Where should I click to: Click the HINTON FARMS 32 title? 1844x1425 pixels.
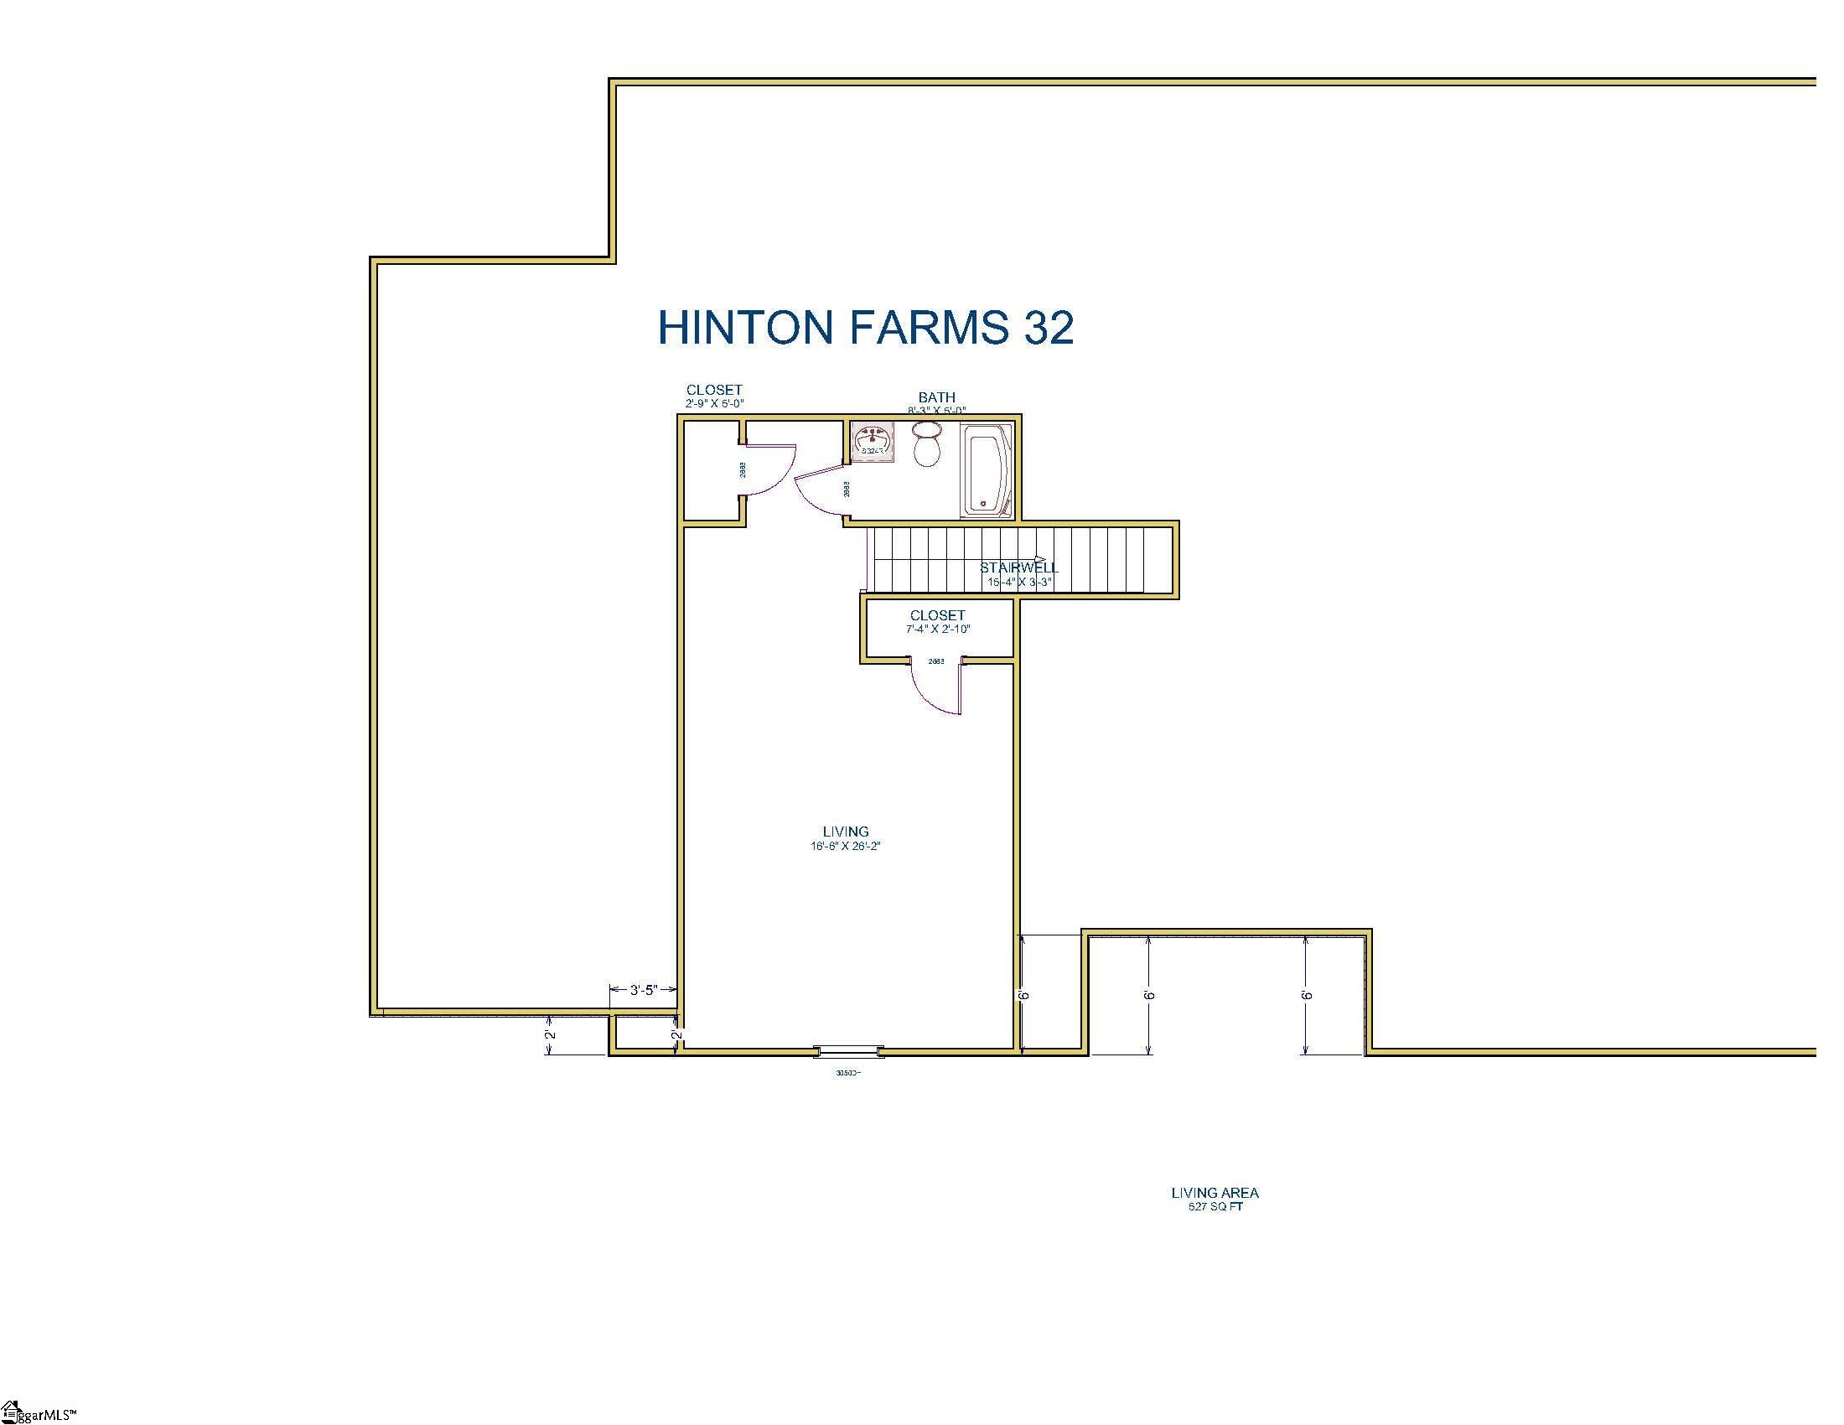866,328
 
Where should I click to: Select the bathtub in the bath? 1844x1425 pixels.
987,470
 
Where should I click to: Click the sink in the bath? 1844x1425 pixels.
873,442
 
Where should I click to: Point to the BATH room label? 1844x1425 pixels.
936,396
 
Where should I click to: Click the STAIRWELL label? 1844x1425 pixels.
1018,568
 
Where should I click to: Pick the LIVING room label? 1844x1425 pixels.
845,832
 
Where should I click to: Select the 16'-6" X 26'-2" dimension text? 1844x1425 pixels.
845,846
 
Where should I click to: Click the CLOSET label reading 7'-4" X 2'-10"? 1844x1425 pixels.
937,615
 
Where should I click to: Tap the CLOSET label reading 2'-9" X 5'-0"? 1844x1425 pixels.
714,390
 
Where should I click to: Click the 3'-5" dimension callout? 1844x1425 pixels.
644,990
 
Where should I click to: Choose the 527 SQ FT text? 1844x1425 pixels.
1215,1207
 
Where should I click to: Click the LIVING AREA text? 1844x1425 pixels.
1215,1193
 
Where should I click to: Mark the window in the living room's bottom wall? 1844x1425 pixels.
847,1051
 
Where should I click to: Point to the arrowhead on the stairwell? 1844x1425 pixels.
1041,559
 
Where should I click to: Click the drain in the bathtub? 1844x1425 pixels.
982,505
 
